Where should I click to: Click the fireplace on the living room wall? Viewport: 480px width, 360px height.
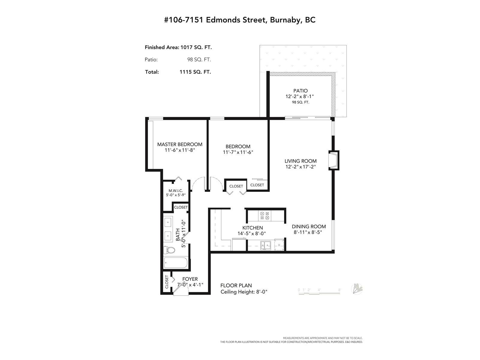point(334,160)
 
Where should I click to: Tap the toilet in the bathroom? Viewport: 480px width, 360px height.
point(169,250)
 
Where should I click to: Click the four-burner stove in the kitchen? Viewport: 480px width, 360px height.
point(264,215)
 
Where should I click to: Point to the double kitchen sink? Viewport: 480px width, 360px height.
point(266,245)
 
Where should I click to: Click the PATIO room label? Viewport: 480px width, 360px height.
point(301,91)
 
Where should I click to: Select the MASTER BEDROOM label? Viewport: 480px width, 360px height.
point(180,145)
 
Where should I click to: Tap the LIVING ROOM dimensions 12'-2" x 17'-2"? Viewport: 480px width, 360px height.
point(301,167)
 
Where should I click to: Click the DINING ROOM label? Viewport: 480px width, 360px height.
point(309,226)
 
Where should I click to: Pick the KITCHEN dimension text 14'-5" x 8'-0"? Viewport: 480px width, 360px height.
point(251,233)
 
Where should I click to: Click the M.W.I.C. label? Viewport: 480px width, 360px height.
point(175,190)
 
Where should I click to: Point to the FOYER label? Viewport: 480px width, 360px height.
point(190,279)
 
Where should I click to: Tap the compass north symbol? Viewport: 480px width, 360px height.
point(357,289)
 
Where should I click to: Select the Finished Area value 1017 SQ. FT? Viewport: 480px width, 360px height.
point(196,47)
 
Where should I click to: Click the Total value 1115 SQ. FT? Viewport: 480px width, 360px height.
point(195,72)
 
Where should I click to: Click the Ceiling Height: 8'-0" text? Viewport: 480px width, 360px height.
point(244,292)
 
